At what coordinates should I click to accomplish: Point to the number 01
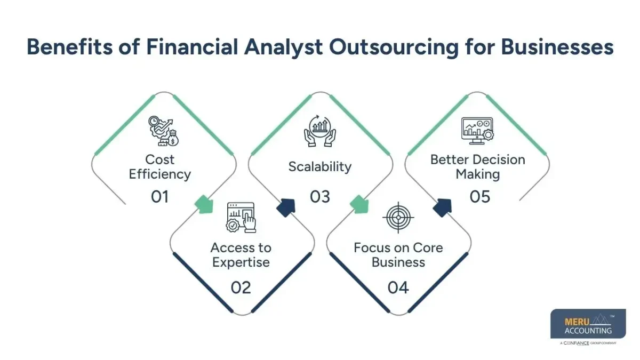tap(159, 197)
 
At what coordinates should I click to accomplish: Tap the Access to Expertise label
tap(241, 255)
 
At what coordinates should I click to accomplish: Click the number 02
tap(241, 287)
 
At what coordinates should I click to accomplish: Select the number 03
tap(320, 197)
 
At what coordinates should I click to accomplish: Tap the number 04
tap(398, 287)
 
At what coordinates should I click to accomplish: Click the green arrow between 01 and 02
tap(204, 204)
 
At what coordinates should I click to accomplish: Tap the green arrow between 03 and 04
tap(361, 204)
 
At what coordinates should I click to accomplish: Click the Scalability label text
tap(320, 166)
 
